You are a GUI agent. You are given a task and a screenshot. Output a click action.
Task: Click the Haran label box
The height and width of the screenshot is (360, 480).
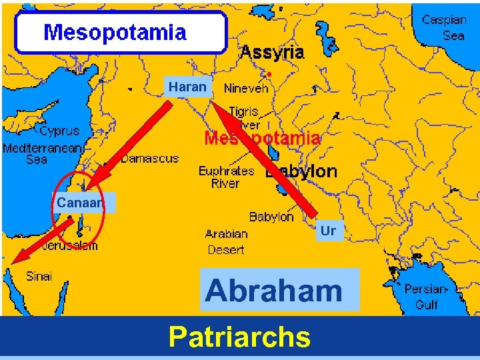pyautogui.click(x=187, y=87)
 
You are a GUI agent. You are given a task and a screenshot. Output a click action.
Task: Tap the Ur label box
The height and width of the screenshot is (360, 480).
pyautogui.click(x=328, y=231)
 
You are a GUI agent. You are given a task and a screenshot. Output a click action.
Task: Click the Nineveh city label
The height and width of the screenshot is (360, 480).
pyautogui.click(x=246, y=88)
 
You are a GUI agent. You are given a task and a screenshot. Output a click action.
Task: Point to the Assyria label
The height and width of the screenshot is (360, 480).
pyautogui.click(x=272, y=52)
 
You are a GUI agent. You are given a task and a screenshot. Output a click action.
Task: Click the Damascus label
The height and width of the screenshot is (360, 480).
pyautogui.click(x=149, y=159)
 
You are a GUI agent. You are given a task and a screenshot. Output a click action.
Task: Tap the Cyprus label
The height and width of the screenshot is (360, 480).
pyautogui.click(x=59, y=131)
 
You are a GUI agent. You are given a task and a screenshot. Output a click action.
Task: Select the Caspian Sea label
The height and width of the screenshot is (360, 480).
pyautogui.click(x=444, y=27)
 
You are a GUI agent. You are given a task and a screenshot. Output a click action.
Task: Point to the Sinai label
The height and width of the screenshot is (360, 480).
pyautogui.click(x=39, y=276)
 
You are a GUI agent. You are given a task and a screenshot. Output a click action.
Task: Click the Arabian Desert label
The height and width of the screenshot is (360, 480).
pyautogui.click(x=226, y=242)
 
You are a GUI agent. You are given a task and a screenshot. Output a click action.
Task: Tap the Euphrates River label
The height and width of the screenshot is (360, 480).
pyautogui.click(x=226, y=177)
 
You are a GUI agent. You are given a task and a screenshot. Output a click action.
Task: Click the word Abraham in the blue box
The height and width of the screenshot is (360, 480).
pyautogui.click(x=273, y=291)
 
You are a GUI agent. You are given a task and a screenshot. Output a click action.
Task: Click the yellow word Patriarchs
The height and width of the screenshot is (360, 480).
pyautogui.click(x=240, y=337)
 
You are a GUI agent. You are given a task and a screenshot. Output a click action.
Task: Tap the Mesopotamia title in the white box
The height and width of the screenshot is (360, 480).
pyautogui.click(x=115, y=33)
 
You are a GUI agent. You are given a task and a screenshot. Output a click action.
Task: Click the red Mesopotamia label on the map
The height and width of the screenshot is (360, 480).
pyautogui.click(x=262, y=139)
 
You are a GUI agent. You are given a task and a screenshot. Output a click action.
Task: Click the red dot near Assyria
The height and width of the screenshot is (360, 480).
pyautogui.click(x=269, y=73)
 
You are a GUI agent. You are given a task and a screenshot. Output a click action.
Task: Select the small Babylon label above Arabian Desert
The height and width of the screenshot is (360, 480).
pyautogui.click(x=271, y=217)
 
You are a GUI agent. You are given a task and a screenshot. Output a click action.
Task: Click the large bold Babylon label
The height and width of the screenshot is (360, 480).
pyautogui.click(x=301, y=171)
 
